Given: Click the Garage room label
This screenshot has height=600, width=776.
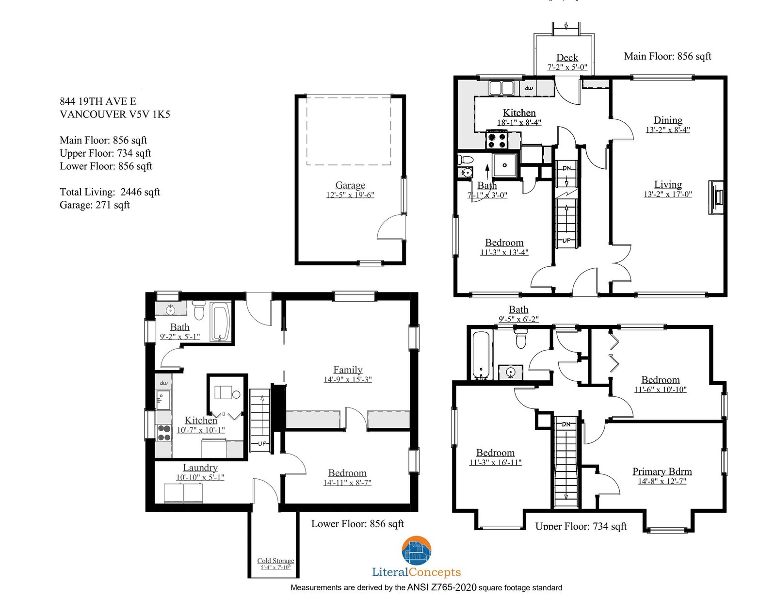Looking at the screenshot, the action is [x=350, y=185].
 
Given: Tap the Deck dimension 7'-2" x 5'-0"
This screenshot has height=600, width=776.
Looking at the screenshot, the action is [x=567, y=67].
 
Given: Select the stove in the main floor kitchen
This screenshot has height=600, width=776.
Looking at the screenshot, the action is [x=496, y=140].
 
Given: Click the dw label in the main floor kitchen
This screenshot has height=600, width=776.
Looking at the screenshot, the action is [x=529, y=88].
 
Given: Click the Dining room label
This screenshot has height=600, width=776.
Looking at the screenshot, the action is [x=668, y=120].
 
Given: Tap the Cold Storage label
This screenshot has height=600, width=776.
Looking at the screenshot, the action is [x=275, y=560].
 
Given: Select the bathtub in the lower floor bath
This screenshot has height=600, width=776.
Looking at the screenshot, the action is [x=220, y=322].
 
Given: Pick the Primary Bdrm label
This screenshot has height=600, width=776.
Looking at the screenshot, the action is [x=662, y=471].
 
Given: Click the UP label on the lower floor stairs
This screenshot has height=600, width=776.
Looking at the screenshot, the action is [x=262, y=443].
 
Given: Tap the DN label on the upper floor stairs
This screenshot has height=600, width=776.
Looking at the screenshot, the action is [x=566, y=424].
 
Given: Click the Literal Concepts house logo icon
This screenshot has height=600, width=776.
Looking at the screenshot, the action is [x=417, y=551].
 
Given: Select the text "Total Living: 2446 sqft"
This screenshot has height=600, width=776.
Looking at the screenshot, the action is [x=110, y=192].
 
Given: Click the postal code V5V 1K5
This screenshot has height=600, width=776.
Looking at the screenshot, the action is [x=150, y=114].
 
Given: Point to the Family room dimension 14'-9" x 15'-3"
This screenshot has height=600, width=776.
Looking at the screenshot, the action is [x=348, y=379].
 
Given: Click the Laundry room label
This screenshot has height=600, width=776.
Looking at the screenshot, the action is [x=200, y=468].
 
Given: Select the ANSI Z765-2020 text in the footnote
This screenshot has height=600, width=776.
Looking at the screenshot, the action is [x=442, y=587].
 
